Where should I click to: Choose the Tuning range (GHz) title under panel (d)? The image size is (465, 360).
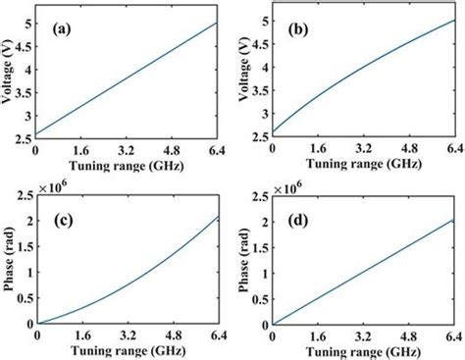pyautogui.click(x=365, y=350)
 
